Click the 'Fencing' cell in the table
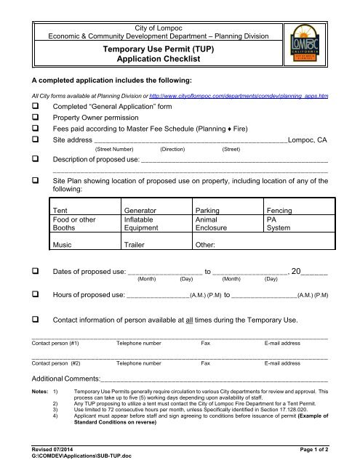[280, 210]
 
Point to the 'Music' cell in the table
[63, 246]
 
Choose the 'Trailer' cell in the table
[137, 246]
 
